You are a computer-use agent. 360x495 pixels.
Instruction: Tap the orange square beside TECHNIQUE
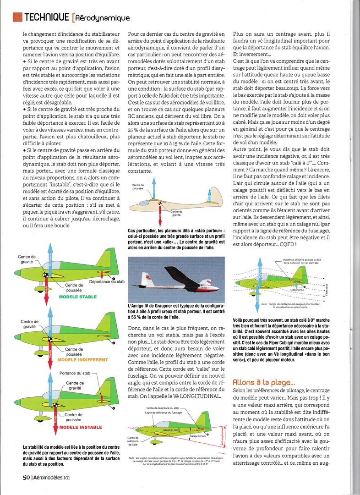17,17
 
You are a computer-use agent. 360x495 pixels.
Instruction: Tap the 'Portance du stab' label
75,373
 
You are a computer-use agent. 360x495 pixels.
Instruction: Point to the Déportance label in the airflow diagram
297,290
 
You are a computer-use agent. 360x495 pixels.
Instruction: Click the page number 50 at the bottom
27,477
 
